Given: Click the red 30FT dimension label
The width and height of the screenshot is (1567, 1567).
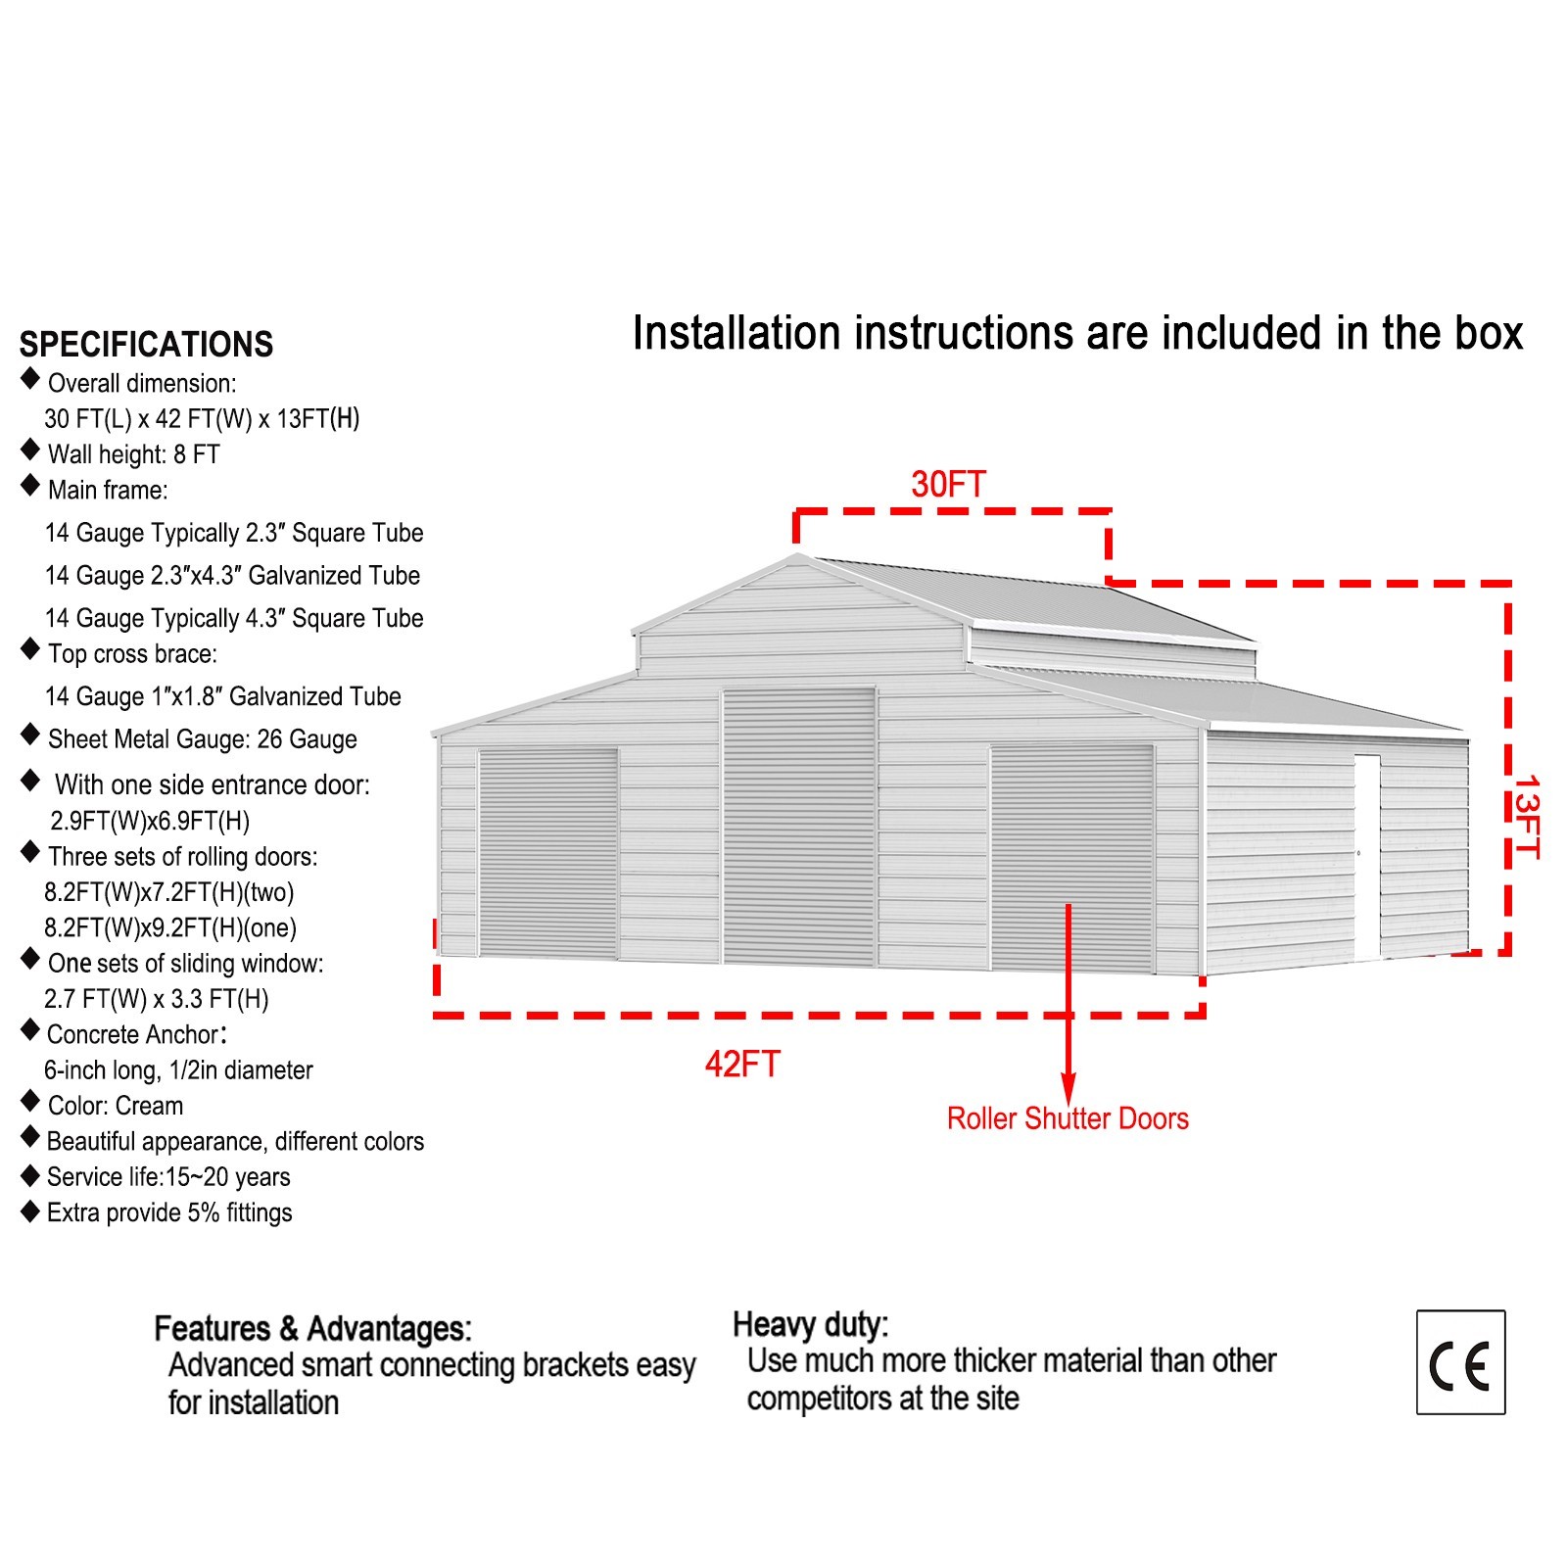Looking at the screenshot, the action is pyautogui.click(x=948, y=484).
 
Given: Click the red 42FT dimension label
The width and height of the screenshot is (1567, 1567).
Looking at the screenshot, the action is pyautogui.click(x=742, y=1064).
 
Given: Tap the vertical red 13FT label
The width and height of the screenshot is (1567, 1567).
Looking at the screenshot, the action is pyautogui.click(x=1526, y=817).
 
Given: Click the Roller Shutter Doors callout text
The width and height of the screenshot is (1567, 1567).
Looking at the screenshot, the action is pyautogui.click(x=1068, y=1118).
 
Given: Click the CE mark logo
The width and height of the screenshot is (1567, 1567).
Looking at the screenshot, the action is pyautogui.click(x=1460, y=1362).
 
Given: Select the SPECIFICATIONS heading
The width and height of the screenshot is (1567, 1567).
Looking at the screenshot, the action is pyautogui.click(x=146, y=345).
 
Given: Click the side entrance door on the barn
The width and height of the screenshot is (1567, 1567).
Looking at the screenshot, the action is pyautogui.click(x=1367, y=857).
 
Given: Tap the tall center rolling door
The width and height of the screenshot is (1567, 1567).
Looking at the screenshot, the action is pyautogui.click(x=799, y=826).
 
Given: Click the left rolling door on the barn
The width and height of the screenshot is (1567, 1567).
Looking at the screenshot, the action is pyautogui.click(x=548, y=853).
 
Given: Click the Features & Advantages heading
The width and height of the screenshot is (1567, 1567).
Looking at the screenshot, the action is pyautogui.click(x=313, y=1328).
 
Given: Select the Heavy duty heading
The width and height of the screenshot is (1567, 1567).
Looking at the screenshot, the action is pyautogui.click(x=811, y=1324).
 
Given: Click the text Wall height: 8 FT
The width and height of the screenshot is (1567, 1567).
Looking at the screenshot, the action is pyautogui.click(x=134, y=454).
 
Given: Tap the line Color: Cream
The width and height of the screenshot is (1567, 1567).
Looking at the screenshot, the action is pyautogui.click(x=116, y=1106).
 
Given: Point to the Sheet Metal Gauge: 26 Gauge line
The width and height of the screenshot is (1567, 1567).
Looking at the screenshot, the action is pyautogui.click(x=203, y=739).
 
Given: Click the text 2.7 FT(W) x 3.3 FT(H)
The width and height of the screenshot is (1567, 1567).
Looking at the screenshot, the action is pyautogui.click(x=157, y=999).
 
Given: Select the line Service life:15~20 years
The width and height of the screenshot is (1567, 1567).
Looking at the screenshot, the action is pyautogui.click(x=168, y=1176).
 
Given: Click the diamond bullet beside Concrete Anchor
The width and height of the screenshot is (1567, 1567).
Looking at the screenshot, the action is pyautogui.click(x=30, y=1030).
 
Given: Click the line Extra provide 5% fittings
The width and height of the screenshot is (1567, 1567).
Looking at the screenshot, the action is pyautogui.click(x=169, y=1212).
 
